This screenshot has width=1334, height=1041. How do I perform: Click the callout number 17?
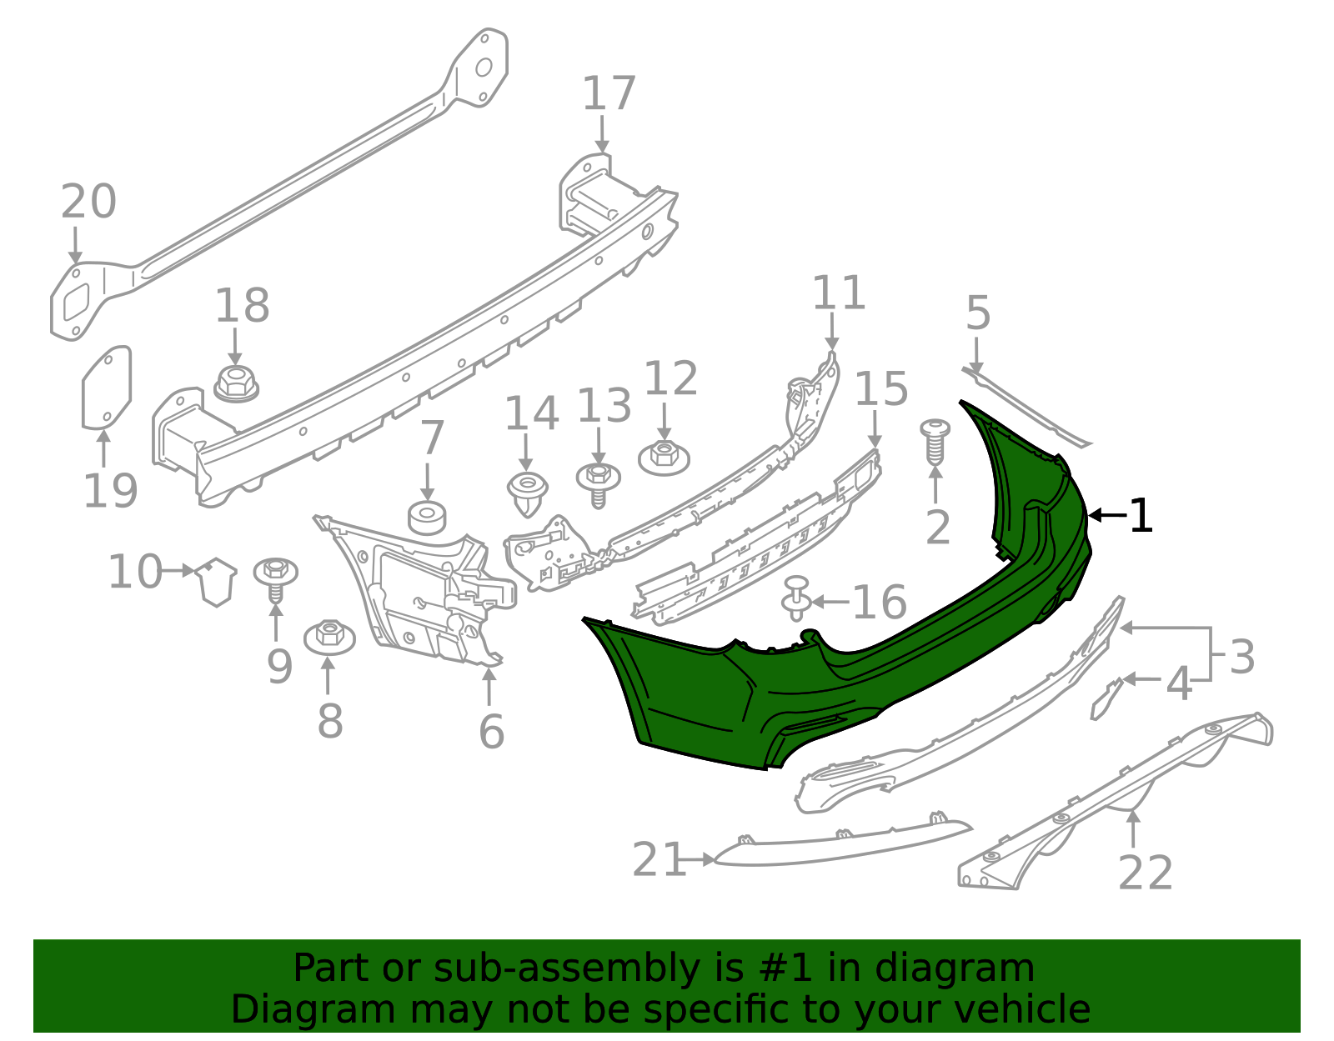(609, 93)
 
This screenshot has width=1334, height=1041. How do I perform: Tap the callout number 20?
(88, 202)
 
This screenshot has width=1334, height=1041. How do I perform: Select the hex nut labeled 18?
(236, 384)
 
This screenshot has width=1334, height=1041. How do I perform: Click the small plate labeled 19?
(106, 387)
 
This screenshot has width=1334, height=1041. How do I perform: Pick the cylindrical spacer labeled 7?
(427, 518)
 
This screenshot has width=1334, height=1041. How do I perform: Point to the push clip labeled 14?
(527, 493)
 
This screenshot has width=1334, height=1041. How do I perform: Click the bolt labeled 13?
(599, 483)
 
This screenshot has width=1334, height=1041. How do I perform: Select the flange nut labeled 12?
(664, 458)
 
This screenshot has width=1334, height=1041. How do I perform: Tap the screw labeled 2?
(935, 443)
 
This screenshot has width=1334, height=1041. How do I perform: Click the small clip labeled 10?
(216, 581)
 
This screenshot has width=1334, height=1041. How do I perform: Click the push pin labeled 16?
(797, 598)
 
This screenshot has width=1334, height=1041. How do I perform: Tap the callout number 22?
(1145, 873)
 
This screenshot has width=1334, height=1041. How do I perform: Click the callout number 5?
(978, 313)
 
